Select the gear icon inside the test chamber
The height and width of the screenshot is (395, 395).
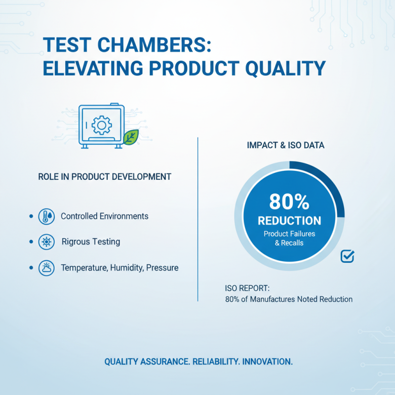[x=102, y=125]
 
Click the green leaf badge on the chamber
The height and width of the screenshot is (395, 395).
[x=131, y=137]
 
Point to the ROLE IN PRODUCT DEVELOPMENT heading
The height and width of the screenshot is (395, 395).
[x=105, y=176]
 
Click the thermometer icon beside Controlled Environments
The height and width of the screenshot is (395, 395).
[x=46, y=216]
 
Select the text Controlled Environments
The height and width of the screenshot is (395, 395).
[x=104, y=216]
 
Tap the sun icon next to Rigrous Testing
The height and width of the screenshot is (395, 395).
[x=46, y=242]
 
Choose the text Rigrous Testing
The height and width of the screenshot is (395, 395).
[x=91, y=242]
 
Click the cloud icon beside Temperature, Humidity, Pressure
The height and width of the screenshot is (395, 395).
[x=46, y=268]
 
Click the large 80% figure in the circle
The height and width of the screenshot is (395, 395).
[x=289, y=201]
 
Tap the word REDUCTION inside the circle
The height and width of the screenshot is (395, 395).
[x=289, y=220]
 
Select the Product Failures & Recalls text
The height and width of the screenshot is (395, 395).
[x=289, y=238]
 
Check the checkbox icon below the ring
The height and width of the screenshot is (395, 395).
[x=348, y=256]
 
